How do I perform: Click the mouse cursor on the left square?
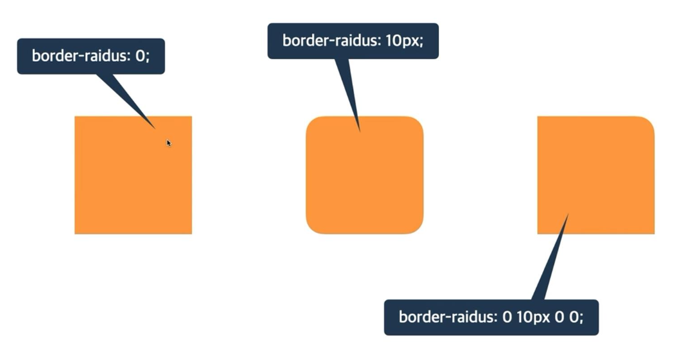169,143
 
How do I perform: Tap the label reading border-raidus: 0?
91,56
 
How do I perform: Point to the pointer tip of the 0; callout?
155,128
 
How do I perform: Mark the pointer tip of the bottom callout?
567,214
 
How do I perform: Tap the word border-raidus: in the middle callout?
330,41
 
